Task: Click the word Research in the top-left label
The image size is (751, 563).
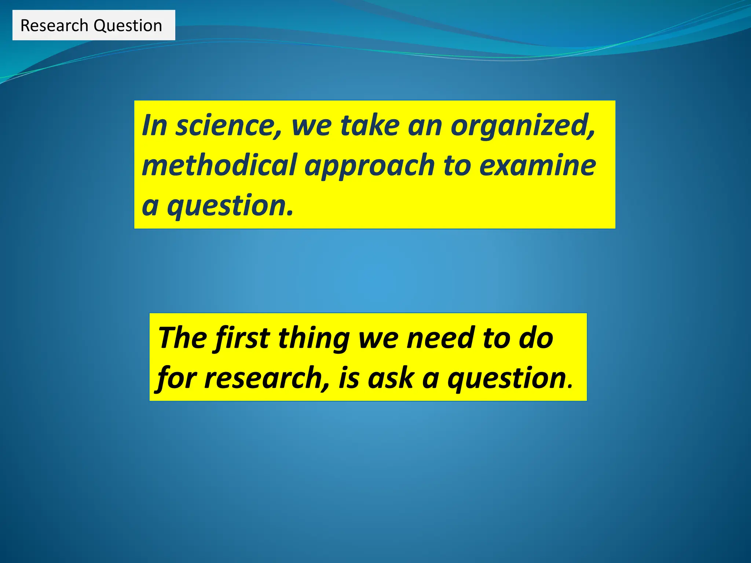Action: pyautogui.click(x=54, y=26)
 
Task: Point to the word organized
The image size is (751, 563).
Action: pyautogui.click(x=522, y=125)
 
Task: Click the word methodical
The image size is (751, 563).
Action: pyautogui.click(x=219, y=165)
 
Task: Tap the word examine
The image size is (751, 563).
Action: pyautogui.click(x=538, y=165)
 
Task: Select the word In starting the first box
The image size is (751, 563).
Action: pyautogui.click(x=154, y=125)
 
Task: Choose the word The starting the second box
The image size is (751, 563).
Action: pyautogui.click(x=182, y=338)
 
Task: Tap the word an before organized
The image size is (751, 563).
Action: pyautogui.click(x=425, y=125)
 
